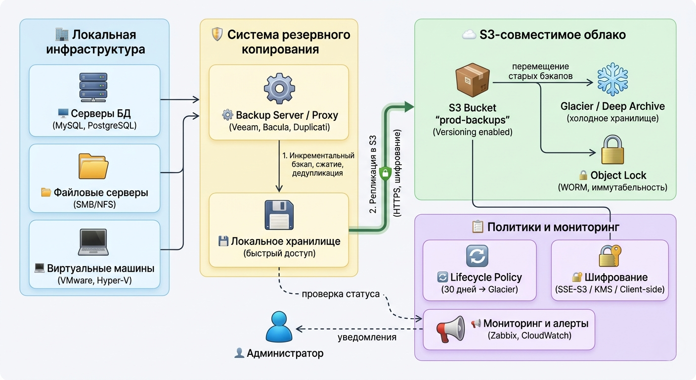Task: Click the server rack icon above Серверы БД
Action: [93, 87]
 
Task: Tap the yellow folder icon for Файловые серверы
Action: [93, 167]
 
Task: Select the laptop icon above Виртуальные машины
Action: [93, 242]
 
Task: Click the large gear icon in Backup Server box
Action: [279, 89]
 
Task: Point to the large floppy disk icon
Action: [279, 215]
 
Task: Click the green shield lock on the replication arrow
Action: [385, 173]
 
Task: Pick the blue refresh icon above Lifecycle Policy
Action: [477, 256]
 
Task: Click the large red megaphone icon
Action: [450, 330]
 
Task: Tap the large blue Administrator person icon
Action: [279, 326]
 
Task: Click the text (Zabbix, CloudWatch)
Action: [529, 336]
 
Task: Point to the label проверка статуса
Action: [341, 294]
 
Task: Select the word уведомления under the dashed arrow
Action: [367, 337]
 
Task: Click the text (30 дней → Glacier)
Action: [479, 289]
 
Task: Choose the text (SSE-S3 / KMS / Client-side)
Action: [609, 289]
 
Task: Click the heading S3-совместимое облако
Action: [552, 35]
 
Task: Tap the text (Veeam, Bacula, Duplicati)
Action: [279, 127]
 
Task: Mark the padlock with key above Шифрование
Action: [609, 256]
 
